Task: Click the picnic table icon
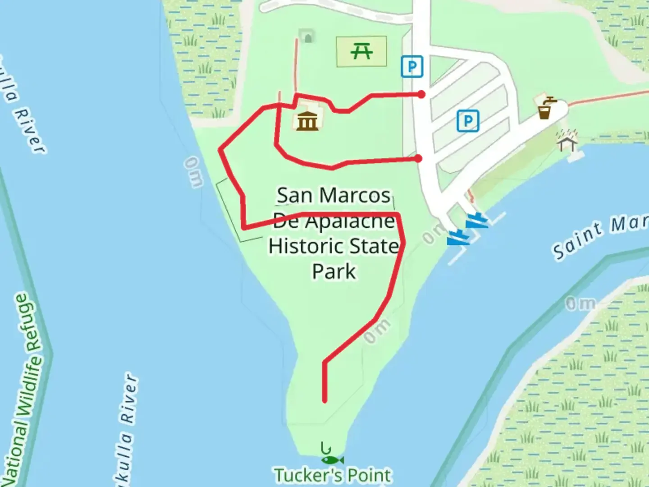click(x=361, y=51)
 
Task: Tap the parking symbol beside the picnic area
click(x=412, y=67)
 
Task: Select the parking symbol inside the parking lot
click(x=468, y=121)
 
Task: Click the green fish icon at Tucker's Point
click(x=332, y=460)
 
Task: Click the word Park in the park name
click(x=334, y=271)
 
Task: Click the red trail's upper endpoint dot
click(x=421, y=94)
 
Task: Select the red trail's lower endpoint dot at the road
click(x=419, y=158)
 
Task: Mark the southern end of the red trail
click(x=324, y=400)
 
